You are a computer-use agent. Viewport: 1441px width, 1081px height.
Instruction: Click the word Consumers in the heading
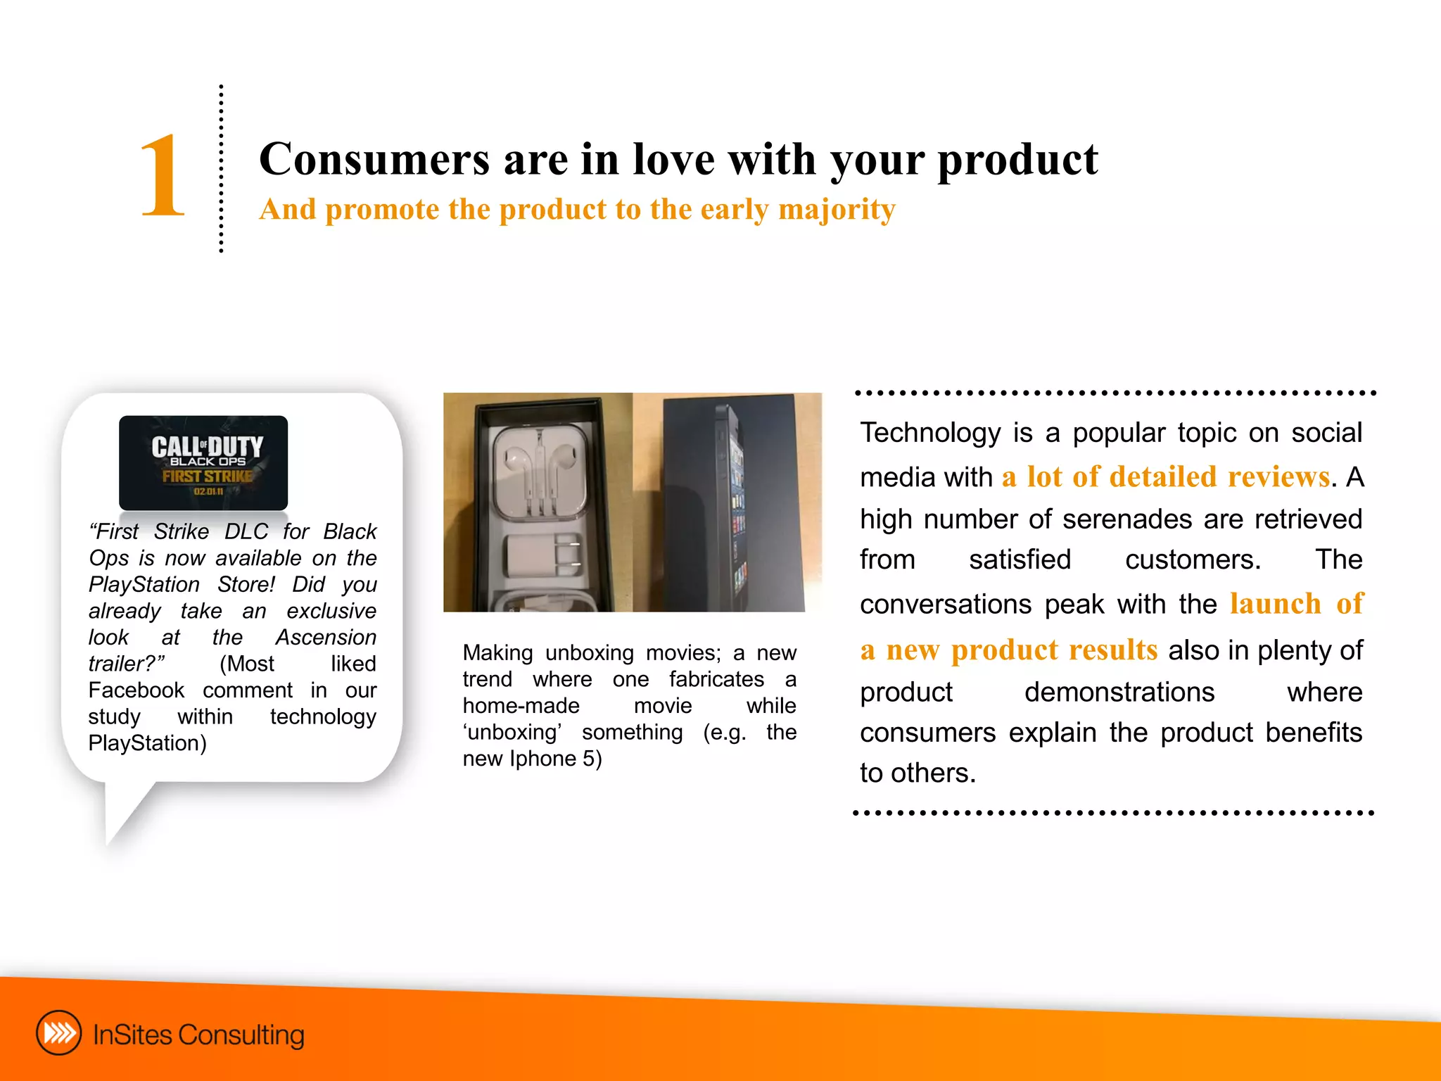tap(374, 159)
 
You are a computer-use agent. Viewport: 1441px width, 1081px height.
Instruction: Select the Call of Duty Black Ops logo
tap(203, 462)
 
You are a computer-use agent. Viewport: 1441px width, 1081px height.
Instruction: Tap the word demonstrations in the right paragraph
tap(1119, 693)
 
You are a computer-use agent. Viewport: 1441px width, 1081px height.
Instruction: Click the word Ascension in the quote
tap(326, 638)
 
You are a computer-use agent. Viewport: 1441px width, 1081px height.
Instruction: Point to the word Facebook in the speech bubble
tap(137, 690)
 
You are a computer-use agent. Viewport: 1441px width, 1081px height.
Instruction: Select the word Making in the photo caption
tap(497, 653)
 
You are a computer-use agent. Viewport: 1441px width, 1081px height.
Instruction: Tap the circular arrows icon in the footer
tap(58, 1033)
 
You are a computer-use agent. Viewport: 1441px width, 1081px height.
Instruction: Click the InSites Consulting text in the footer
tap(198, 1035)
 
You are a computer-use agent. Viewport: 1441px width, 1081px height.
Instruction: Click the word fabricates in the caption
tap(716, 680)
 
